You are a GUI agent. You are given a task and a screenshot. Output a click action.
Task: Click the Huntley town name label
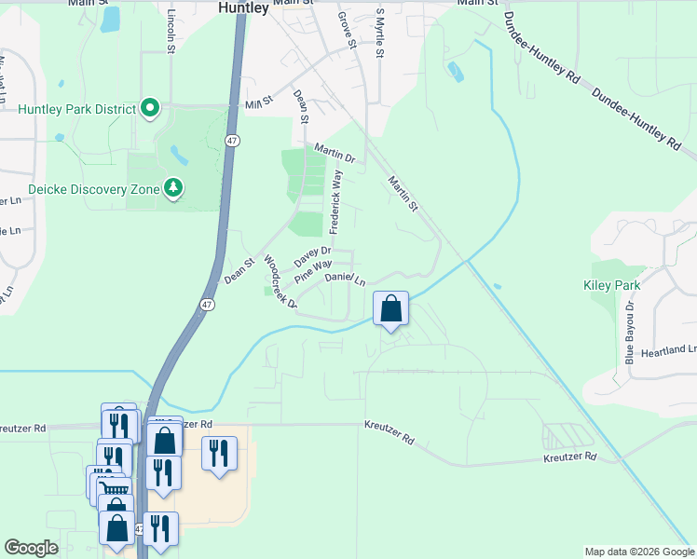243,7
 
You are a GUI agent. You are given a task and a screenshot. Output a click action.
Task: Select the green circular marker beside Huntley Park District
150,109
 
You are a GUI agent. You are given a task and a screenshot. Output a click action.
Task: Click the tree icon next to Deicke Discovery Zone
172,189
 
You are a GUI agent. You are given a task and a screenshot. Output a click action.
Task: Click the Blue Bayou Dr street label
630,331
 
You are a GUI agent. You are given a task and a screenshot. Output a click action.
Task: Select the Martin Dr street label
335,154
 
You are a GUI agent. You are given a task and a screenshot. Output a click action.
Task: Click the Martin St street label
403,195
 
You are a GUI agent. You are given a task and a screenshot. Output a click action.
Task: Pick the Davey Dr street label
313,255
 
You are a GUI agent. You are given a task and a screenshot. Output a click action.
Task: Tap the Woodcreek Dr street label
280,281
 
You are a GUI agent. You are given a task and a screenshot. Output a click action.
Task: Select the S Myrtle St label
379,34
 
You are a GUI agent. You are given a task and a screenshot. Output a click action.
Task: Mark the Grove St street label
348,30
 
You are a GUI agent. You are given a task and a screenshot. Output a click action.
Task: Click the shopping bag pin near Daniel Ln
391,307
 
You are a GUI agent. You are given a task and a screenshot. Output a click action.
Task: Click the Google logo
31,548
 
